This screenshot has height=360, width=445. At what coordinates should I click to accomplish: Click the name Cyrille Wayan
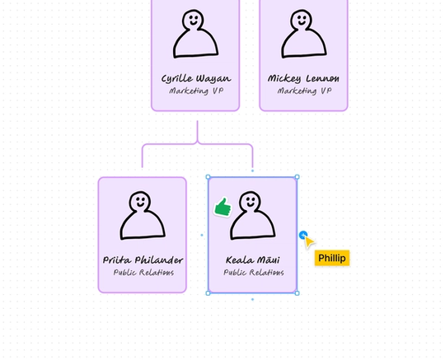195,79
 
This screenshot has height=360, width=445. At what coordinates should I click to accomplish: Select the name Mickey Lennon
303,79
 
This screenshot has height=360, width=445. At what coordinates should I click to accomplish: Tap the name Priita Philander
143,260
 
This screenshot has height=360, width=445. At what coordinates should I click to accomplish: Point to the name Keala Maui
252,260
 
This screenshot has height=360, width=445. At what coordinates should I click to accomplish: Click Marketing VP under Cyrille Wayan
195,91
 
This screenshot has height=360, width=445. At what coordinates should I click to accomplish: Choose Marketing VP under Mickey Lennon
303,91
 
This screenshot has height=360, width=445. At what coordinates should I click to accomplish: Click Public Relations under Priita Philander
143,273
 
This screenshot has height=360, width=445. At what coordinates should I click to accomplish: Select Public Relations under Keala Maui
252,273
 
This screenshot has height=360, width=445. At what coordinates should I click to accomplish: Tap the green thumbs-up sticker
222,208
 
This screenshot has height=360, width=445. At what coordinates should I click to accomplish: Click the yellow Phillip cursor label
332,258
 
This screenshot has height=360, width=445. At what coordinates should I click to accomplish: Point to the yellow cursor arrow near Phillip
308,241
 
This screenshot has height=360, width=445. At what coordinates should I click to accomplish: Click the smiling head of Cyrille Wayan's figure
193,18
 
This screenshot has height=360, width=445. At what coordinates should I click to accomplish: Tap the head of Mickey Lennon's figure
302,18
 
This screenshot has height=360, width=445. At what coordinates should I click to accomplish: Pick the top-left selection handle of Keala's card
208,177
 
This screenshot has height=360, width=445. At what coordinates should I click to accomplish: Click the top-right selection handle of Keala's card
297,177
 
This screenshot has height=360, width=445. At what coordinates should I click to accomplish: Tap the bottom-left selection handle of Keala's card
208,293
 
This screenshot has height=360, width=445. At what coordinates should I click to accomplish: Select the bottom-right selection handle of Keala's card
297,293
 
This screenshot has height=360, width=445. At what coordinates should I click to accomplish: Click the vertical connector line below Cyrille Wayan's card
198,132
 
